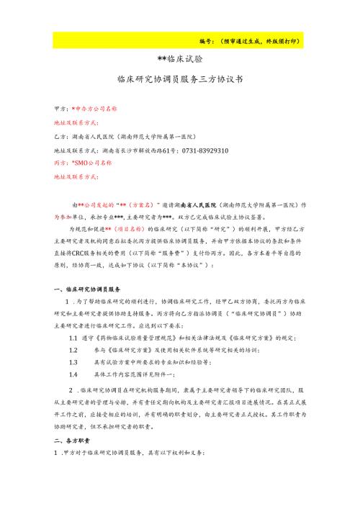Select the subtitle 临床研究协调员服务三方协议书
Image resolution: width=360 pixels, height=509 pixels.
click(179, 78)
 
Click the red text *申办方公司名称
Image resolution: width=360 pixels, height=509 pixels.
click(94, 107)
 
